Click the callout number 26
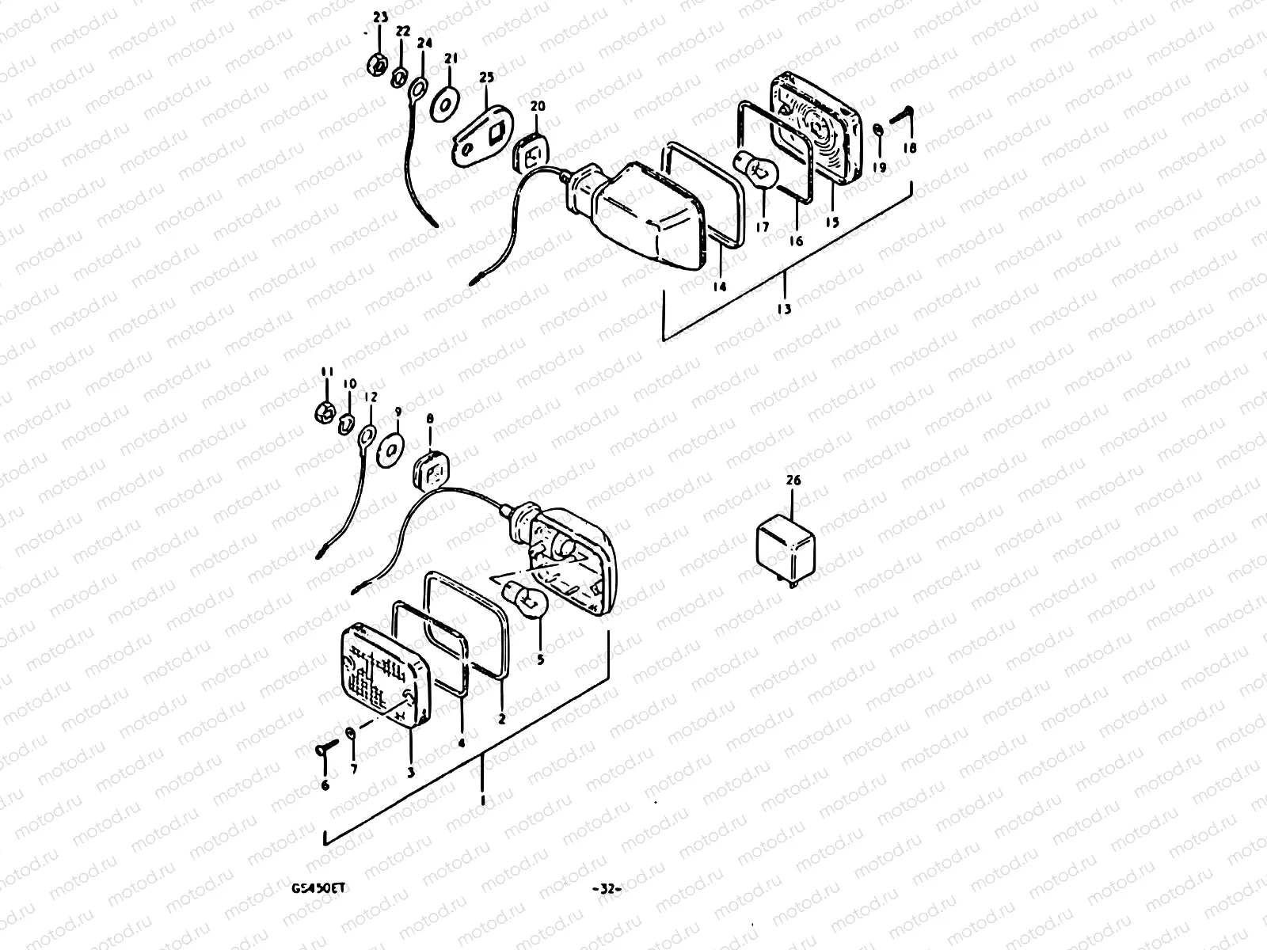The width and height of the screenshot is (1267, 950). pos(793,481)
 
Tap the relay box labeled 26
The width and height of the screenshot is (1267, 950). pos(787,547)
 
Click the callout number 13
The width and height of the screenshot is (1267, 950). pos(784,310)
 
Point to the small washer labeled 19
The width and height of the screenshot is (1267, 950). pos(878,130)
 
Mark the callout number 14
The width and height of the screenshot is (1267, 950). pos(718,287)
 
